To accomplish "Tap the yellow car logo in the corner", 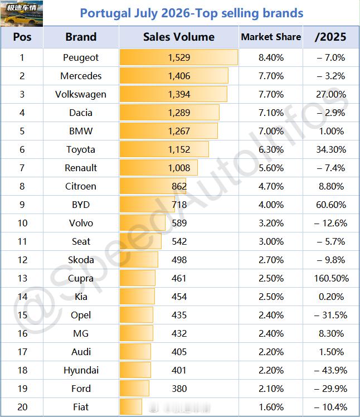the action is (22, 13).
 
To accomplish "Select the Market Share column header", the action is (271, 37).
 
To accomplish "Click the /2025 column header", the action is (330, 37).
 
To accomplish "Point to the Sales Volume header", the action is (179, 37).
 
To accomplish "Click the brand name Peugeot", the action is (81, 57).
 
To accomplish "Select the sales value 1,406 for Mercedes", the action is (179, 76).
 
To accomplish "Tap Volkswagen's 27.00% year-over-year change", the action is (331, 94).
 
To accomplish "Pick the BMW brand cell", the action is (81, 131).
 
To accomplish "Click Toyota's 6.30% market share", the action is (271, 149).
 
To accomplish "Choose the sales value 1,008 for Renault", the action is (179, 168).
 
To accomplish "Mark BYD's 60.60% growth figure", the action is (331, 205).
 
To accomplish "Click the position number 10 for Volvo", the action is (22, 223).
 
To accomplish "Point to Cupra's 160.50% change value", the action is (331, 278).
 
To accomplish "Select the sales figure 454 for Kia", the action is (179, 297).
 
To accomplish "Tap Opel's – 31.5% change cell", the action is (330, 315).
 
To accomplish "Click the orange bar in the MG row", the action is (137, 333).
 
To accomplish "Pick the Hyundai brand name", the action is (81, 370).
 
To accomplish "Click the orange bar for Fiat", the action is (131, 407).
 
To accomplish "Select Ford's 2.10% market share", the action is (271, 389).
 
